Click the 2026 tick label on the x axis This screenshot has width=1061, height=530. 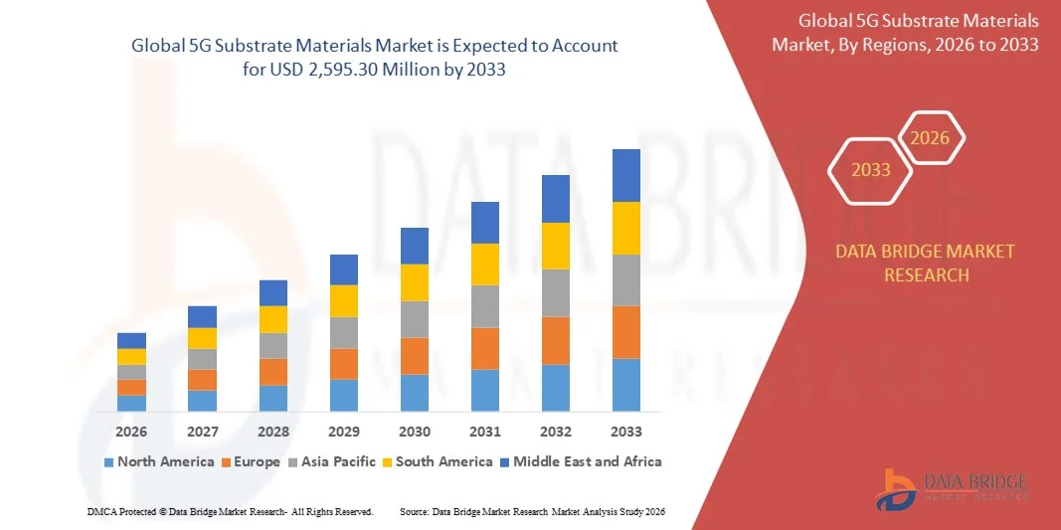(131, 432)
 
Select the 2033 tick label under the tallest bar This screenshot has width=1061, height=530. (626, 432)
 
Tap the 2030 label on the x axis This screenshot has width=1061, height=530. (415, 432)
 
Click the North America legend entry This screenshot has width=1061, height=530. (159, 461)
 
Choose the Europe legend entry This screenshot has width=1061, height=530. (252, 461)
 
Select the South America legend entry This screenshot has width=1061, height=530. (438, 461)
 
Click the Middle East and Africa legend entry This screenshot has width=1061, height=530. (580, 461)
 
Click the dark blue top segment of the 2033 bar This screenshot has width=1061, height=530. (626, 175)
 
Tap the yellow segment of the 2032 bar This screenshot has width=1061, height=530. (556, 246)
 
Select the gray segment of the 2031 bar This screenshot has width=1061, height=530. (485, 306)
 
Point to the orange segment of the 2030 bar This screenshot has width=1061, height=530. (415, 356)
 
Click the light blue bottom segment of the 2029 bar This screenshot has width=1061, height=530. (344, 395)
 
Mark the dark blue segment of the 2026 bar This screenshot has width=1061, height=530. (131, 340)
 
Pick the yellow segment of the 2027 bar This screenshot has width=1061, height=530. (202, 338)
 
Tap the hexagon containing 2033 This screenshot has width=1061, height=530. (871, 170)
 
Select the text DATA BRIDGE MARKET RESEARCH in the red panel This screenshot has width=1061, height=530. (926, 263)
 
